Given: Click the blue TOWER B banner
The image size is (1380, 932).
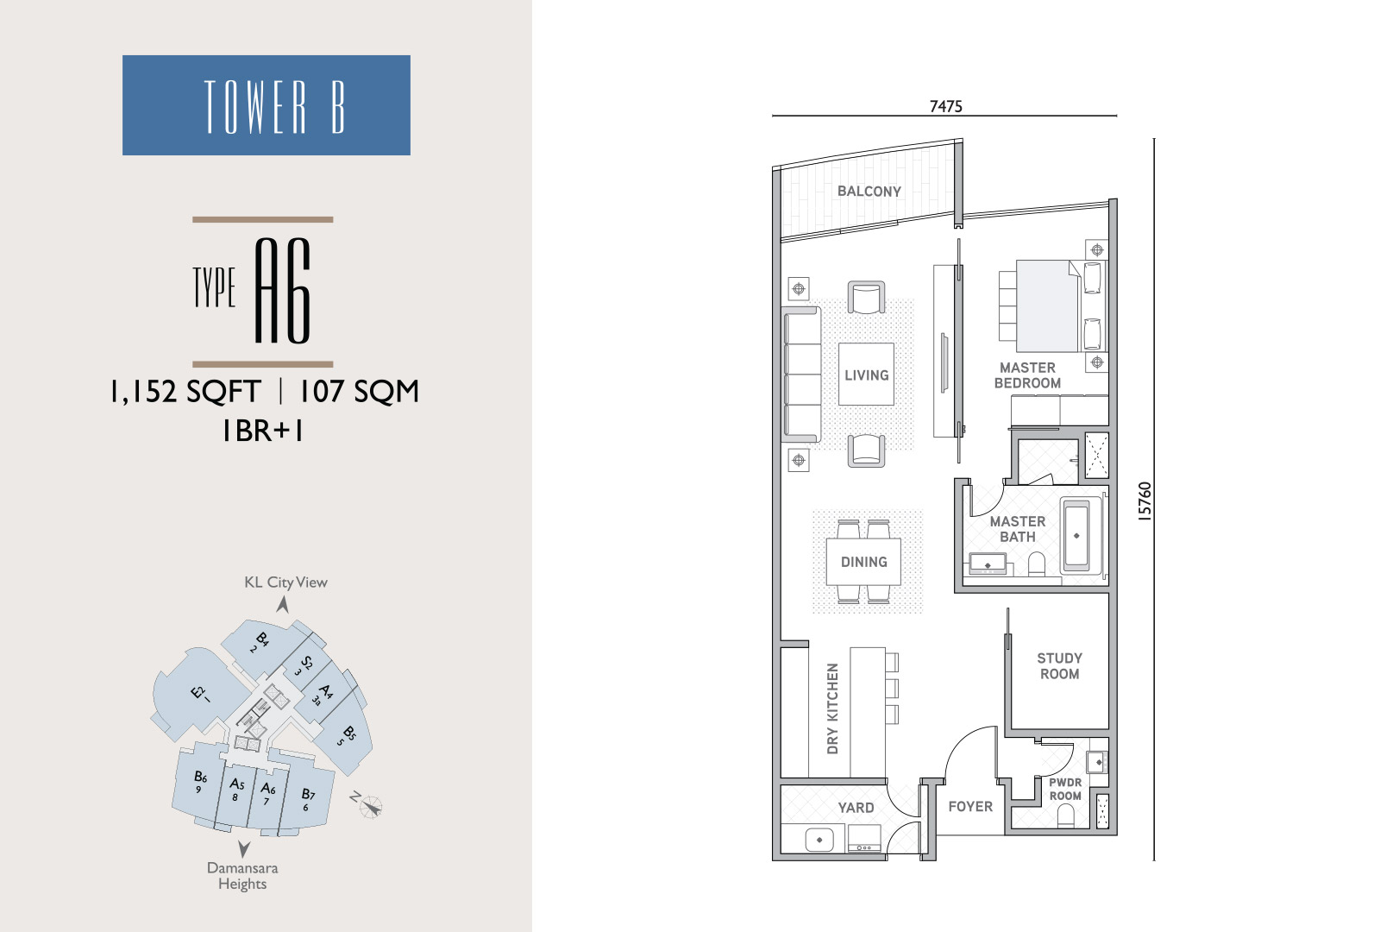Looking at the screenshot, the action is tap(267, 104).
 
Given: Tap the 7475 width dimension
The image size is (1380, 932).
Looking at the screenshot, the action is tap(945, 107).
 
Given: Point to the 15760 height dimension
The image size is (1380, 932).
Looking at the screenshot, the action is tap(1144, 501).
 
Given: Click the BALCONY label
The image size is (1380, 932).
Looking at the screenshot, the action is tap(869, 191).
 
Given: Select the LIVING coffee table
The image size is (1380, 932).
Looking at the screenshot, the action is tap(866, 375).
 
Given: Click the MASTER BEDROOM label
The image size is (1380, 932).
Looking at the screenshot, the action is tap(1027, 375).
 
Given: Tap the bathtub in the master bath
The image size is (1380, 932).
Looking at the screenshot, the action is tap(1076, 536).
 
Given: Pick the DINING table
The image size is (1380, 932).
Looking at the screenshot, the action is tap(863, 562).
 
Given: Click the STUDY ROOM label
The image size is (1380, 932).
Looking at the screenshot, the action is tap(1060, 665).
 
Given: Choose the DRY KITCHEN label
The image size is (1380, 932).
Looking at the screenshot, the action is tap(832, 708).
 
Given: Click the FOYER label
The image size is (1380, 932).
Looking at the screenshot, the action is tap(970, 806).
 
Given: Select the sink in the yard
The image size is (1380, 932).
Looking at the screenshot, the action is tap(819, 840).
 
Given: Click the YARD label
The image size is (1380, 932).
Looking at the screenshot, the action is tap(856, 808).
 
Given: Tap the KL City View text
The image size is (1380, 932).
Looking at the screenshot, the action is tap(285, 582).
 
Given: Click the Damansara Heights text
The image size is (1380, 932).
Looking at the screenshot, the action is tap(242, 876).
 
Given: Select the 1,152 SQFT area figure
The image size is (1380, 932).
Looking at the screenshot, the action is tap(185, 392).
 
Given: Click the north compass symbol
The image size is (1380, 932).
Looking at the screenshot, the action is tap(370, 806).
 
